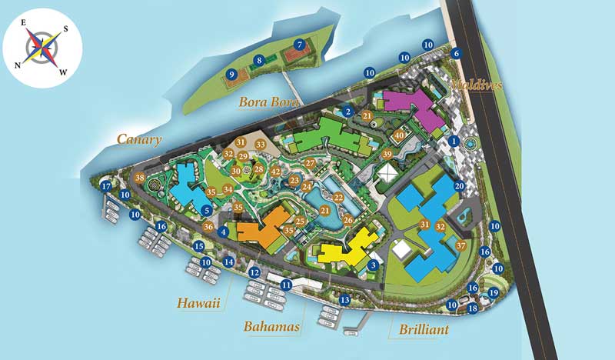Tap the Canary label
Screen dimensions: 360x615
139,138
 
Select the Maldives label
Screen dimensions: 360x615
476,84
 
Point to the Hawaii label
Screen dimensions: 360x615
198,303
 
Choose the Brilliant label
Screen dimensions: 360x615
425,330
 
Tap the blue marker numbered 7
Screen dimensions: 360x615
299,45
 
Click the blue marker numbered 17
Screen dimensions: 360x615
106,185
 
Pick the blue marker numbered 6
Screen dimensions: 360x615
457,53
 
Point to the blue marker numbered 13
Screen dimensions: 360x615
345,299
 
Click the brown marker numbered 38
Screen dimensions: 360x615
140,178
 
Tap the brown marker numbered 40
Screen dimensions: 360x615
399,135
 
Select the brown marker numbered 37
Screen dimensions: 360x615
460,245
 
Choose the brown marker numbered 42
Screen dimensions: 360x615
276,172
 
